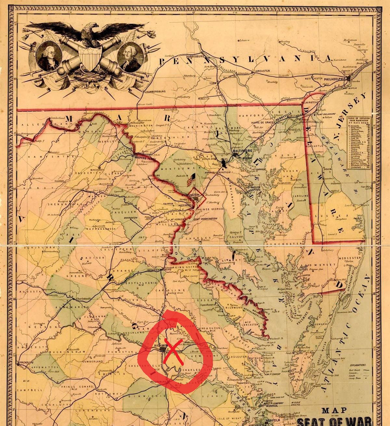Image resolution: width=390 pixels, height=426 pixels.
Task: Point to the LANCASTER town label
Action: pos(262,71)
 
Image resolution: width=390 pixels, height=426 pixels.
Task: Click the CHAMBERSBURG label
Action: pos(155,92)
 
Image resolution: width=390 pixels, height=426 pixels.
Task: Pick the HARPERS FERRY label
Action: pos(143,158)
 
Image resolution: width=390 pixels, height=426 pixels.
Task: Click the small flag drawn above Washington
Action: pos(192,179)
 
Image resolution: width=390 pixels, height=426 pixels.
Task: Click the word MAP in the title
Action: pos(334,410)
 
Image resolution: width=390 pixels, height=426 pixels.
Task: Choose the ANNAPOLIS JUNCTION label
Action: pos(222,172)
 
